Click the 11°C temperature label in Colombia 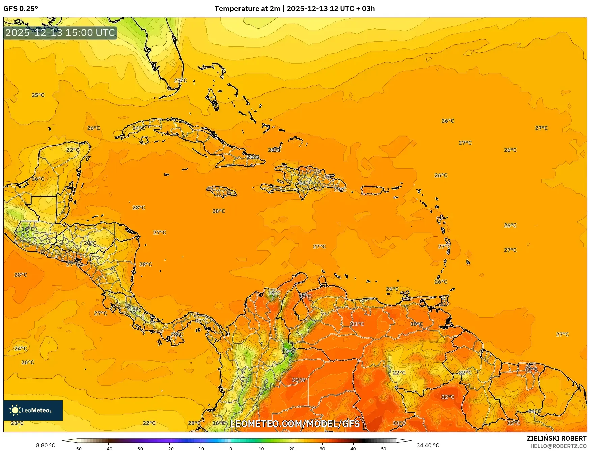288,352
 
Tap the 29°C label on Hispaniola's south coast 340,190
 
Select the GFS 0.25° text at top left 21,9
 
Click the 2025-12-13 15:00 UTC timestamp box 60,33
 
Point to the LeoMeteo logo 33,410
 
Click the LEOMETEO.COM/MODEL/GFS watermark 295,424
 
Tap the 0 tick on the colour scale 231,448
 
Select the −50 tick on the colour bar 78,448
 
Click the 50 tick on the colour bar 384,448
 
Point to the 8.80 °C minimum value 46,445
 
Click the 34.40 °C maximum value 428,445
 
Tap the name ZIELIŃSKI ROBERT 557,438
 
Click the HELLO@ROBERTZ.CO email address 558,446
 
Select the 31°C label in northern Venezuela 357,324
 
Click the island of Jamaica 222,191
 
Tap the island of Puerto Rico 372,190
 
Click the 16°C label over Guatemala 28,229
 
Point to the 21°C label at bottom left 17,423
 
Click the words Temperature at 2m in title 247,9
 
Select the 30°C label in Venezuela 416,324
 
